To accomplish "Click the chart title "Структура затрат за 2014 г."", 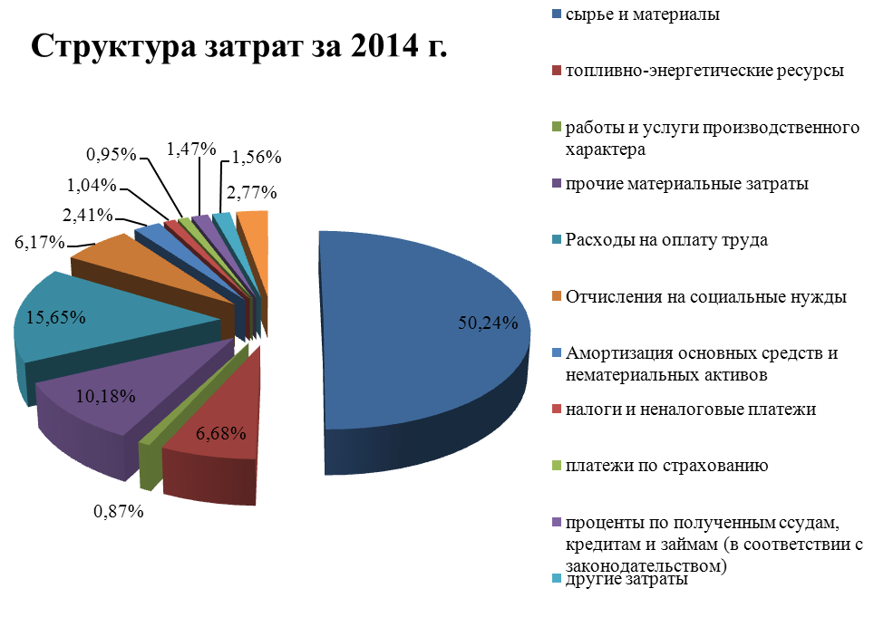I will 239,46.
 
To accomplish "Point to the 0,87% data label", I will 119,511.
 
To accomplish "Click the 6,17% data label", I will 39,243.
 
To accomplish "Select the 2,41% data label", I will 87,216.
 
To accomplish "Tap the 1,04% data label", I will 91,186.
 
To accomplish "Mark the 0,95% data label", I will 111,154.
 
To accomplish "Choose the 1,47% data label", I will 191,147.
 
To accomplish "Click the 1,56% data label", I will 257,157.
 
